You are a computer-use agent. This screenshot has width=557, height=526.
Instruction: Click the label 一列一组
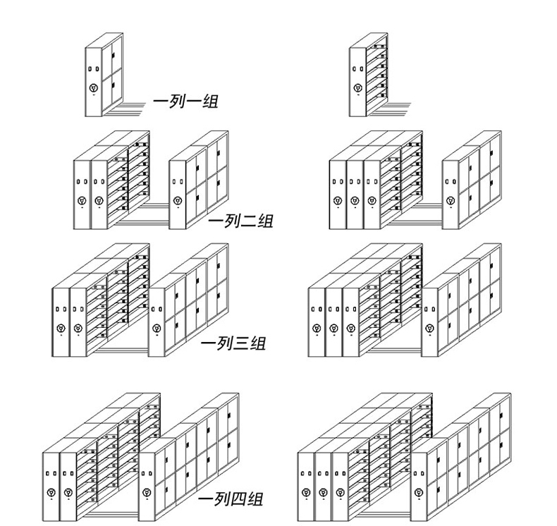(185, 102)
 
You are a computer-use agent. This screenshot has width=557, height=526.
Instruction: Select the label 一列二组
(240, 221)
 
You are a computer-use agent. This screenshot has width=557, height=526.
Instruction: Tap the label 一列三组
(233, 344)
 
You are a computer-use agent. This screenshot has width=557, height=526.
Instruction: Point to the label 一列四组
(231, 499)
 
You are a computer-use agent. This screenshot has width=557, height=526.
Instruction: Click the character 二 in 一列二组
(247, 221)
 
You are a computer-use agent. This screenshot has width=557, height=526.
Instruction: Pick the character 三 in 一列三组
(240, 344)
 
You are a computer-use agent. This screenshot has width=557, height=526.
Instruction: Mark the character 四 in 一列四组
(238, 499)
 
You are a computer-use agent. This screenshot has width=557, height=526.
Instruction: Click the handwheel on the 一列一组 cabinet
(93, 89)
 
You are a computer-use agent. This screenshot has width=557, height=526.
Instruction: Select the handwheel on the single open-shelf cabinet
(358, 89)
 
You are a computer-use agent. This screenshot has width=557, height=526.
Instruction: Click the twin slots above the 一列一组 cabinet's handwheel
(93, 68)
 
